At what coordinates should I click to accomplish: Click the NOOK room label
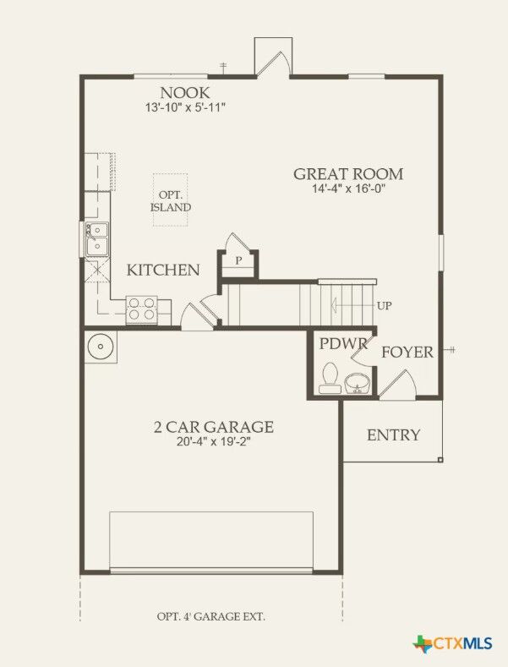[185, 92]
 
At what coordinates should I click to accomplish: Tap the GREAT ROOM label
[348, 174]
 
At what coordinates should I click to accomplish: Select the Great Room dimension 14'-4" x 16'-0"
[348, 189]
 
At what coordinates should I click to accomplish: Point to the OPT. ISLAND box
[171, 200]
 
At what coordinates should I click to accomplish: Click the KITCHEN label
[163, 271]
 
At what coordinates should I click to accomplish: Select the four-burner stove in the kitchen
[141, 309]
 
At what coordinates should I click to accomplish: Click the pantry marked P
[239, 260]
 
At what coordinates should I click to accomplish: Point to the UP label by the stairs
[384, 305]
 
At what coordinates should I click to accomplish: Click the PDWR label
[343, 344]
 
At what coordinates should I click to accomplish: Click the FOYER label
[407, 352]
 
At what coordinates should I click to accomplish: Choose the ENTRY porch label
[393, 435]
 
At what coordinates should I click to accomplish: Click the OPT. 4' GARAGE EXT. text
[210, 616]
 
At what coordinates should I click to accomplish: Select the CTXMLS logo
[452, 644]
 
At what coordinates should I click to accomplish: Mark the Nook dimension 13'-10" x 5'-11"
[185, 107]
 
